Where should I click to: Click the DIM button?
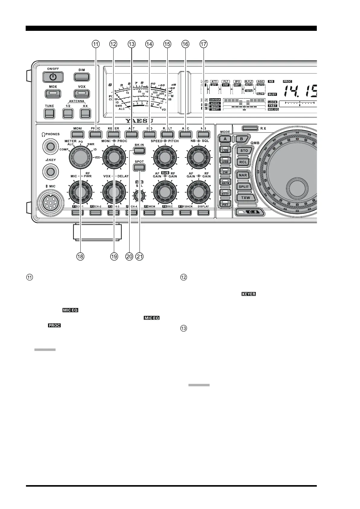coord(82,77)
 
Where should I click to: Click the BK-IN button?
coord(139,151)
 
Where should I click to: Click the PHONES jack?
coord(50,147)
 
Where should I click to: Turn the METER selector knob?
coord(80,157)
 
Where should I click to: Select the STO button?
coord(244,151)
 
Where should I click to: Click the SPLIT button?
coord(244,186)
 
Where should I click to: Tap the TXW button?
coord(244,198)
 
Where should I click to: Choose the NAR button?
coord(243,175)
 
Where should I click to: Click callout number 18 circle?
coord(80,257)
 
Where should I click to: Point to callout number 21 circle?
coord(139,257)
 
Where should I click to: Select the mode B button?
coord(241,139)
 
